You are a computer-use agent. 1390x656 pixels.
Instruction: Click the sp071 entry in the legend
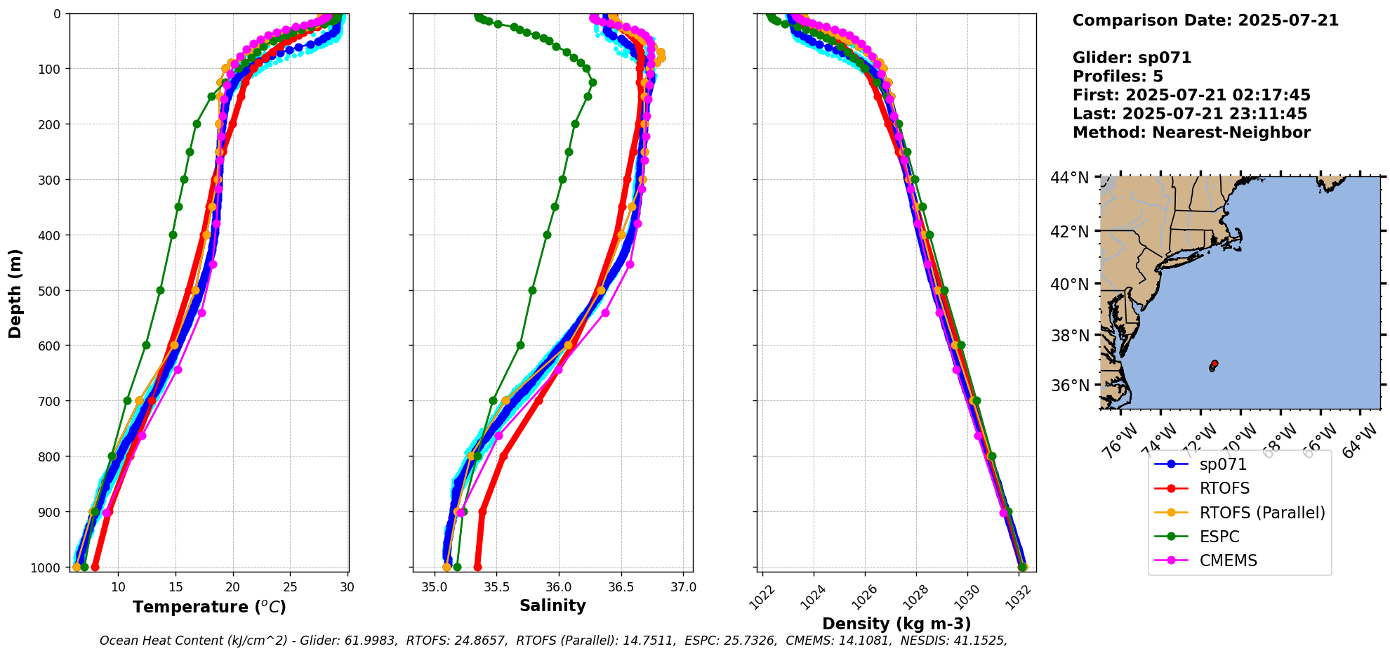1223,465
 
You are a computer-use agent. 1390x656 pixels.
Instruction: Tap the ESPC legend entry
1219,537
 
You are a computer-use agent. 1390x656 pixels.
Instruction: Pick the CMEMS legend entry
1228,560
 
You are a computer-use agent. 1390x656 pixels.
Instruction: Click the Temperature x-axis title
209,607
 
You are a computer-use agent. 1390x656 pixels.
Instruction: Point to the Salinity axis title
552,605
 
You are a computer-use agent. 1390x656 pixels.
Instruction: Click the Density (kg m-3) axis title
896,624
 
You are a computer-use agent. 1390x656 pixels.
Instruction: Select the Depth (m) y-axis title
15,294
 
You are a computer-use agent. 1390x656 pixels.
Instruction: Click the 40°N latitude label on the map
1069,284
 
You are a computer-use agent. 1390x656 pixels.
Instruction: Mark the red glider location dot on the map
1214,363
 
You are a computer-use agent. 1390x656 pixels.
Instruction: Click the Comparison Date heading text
1205,20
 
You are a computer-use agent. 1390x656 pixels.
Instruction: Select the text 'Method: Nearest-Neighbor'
1191,133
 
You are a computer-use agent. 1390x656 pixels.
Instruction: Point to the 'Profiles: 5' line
1118,77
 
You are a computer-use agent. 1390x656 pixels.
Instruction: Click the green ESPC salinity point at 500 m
532,290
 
